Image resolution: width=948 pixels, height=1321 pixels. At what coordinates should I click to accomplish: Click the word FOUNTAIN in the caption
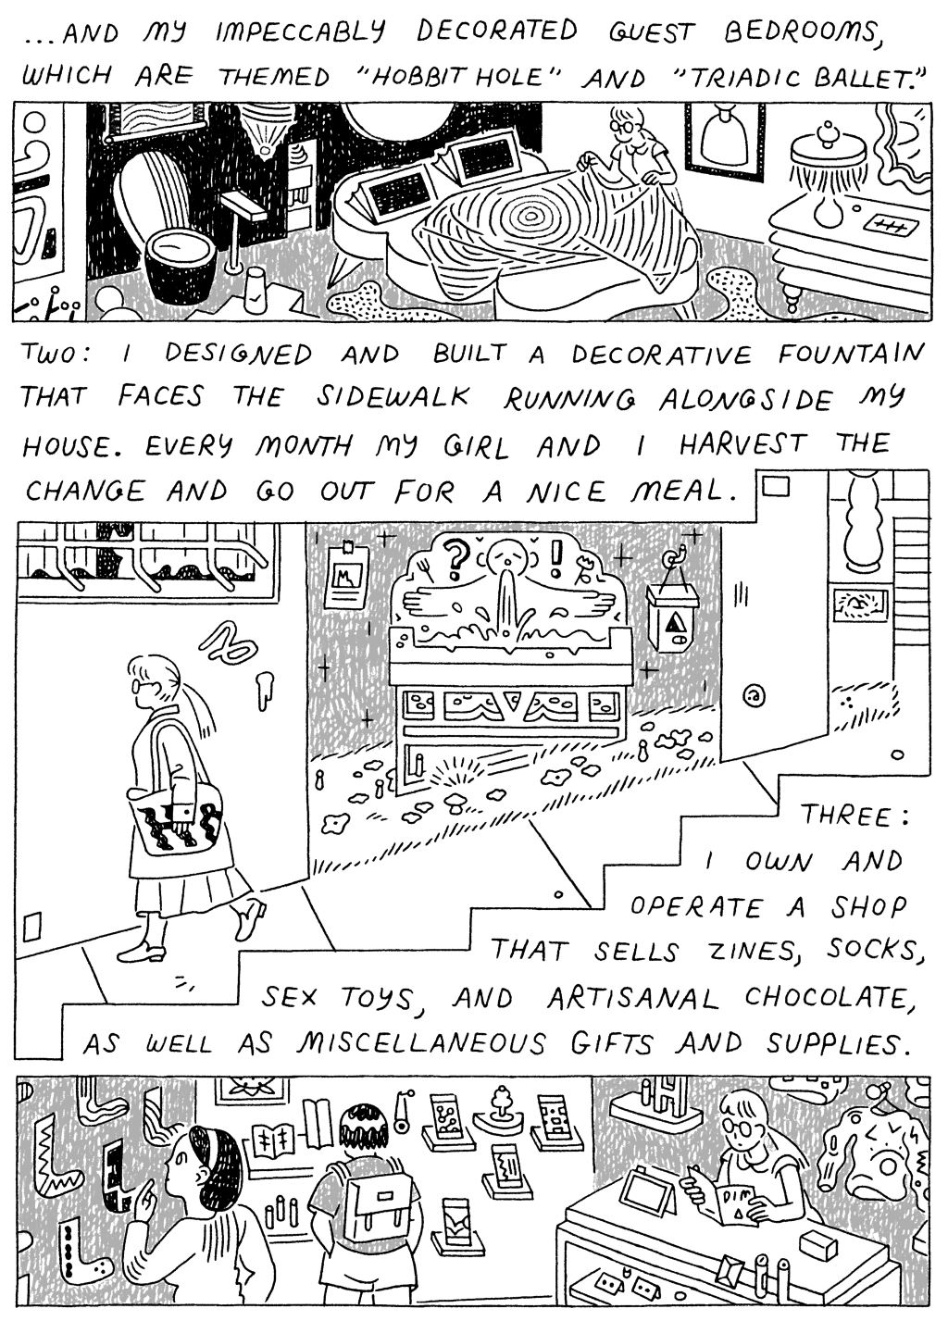(x=850, y=355)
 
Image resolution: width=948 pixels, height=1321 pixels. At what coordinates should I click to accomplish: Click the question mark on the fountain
(x=454, y=560)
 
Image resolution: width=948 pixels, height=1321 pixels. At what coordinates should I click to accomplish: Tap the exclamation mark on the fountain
(x=557, y=557)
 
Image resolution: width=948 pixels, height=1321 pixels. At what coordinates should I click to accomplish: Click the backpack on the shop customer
(x=368, y=1208)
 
